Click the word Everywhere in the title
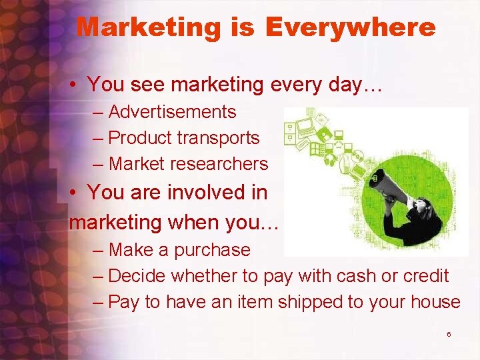tap(350, 27)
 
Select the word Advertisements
tap(172, 112)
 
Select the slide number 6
tap(449, 333)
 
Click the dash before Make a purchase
tap(99, 250)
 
